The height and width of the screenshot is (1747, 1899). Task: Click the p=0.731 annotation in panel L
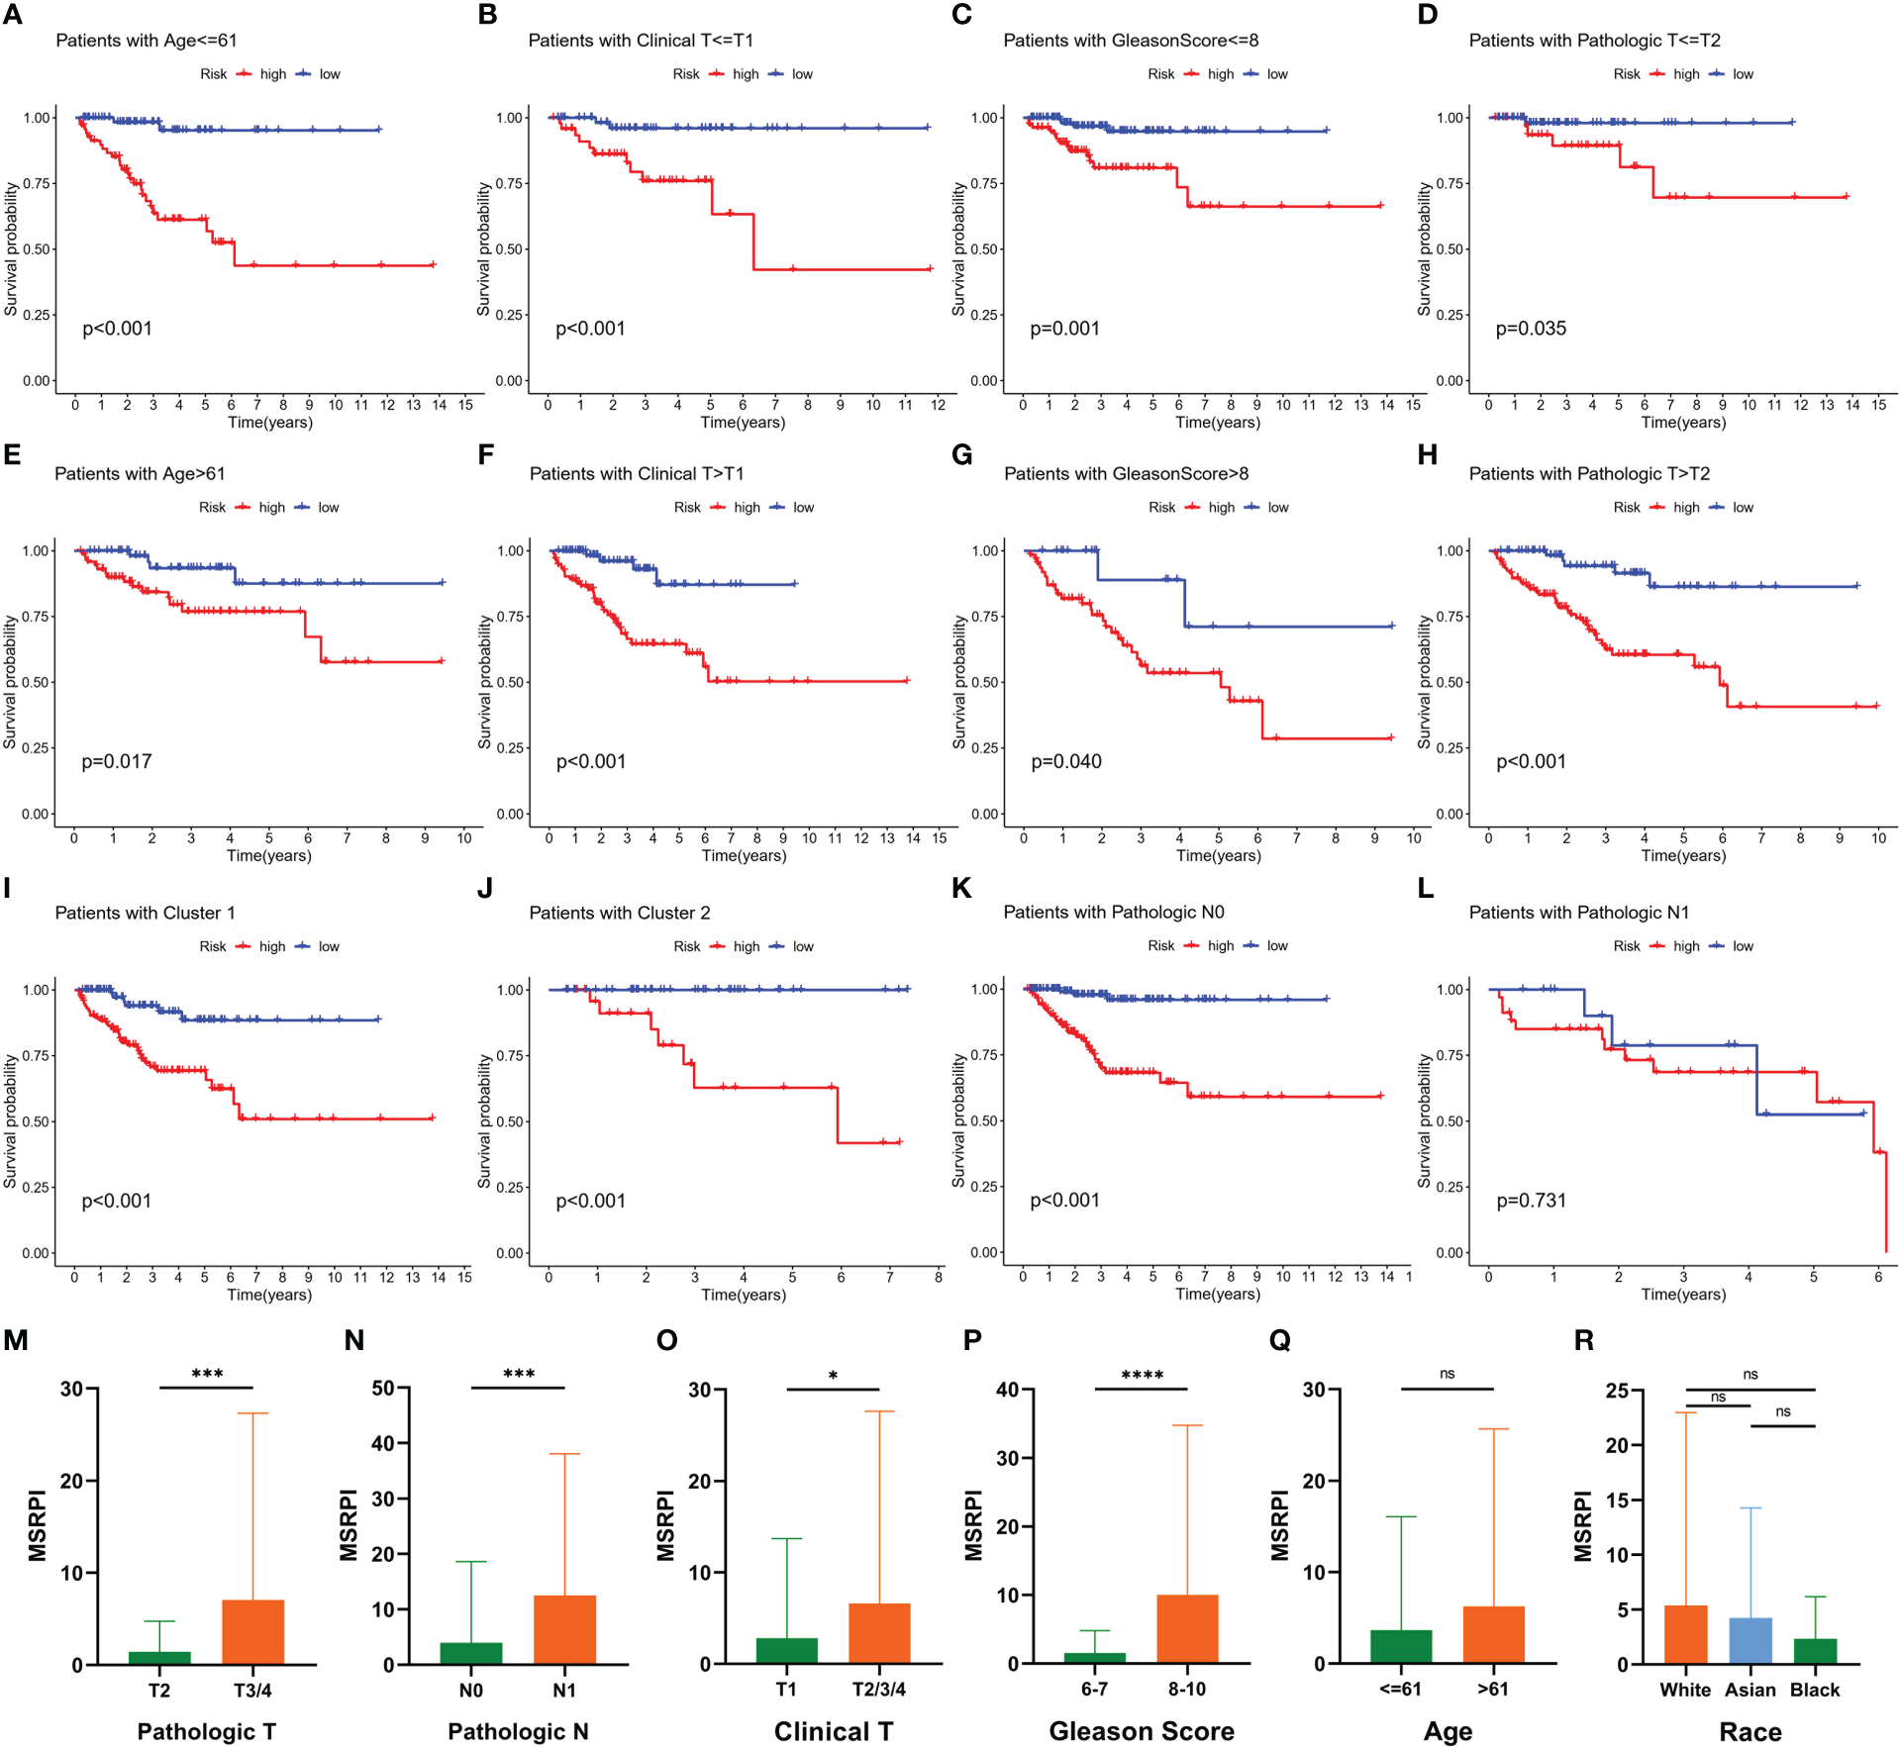tap(1531, 1201)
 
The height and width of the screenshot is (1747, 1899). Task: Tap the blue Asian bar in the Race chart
tap(1749, 1640)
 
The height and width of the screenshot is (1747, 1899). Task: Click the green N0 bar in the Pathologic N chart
tap(471, 1653)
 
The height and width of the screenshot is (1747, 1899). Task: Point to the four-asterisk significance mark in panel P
tap(1142, 1376)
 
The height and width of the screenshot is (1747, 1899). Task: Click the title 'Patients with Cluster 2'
tap(620, 913)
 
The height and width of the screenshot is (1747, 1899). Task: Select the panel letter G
tap(961, 455)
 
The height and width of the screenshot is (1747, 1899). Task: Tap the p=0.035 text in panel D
tap(1531, 329)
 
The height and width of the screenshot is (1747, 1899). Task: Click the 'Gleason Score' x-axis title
tap(1142, 1731)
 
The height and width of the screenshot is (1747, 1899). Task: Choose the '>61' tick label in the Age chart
tap(1493, 1690)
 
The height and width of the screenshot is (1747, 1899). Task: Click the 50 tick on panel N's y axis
tap(383, 1389)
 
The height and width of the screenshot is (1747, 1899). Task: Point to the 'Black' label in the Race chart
tap(1815, 1690)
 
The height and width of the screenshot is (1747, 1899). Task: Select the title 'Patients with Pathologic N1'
tap(1579, 913)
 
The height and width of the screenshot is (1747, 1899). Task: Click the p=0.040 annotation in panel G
tap(1066, 761)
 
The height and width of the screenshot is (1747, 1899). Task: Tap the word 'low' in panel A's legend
tap(330, 74)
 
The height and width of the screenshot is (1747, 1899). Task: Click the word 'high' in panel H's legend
tap(1686, 508)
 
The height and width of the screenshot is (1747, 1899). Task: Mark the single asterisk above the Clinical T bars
tap(833, 1376)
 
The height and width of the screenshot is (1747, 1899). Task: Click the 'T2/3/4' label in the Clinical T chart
tap(879, 1690)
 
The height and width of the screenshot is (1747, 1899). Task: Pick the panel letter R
tap(1584, 1340)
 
